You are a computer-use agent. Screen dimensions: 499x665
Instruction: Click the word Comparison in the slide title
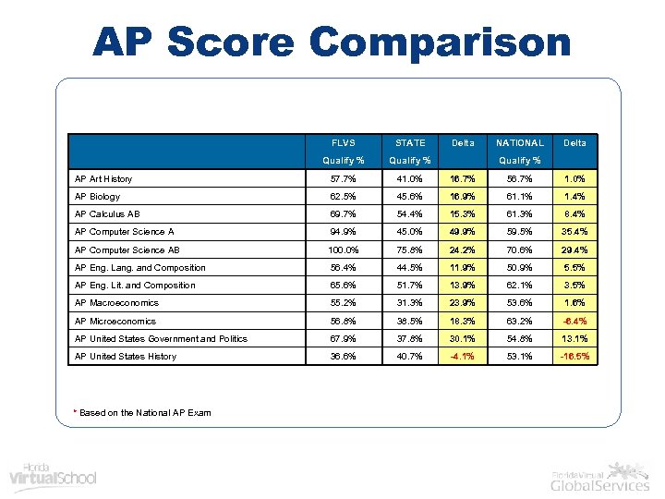(441, 43)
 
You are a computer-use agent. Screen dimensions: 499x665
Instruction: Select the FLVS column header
(344, 143)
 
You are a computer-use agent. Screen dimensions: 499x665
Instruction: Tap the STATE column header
(410, 143)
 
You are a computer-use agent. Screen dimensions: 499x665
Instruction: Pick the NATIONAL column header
(520, 143)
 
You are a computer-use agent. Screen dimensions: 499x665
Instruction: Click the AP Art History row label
(103, 179)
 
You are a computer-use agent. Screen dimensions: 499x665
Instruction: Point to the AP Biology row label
(98, 197)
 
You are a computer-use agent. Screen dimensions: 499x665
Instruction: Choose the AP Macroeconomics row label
(116, 303)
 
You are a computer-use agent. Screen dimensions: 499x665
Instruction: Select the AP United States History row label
(126, 357)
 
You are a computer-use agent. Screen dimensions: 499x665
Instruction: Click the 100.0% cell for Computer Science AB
(344, 250)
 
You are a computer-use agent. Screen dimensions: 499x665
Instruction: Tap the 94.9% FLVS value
(344, 232)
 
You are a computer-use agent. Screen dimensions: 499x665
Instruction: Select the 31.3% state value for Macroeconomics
(410, 303)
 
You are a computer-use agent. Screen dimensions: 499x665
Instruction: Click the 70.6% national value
(520, 250)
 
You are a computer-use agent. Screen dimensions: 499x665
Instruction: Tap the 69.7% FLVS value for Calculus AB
(344, 214)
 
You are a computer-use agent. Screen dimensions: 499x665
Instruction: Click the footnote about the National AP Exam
(144, 412)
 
